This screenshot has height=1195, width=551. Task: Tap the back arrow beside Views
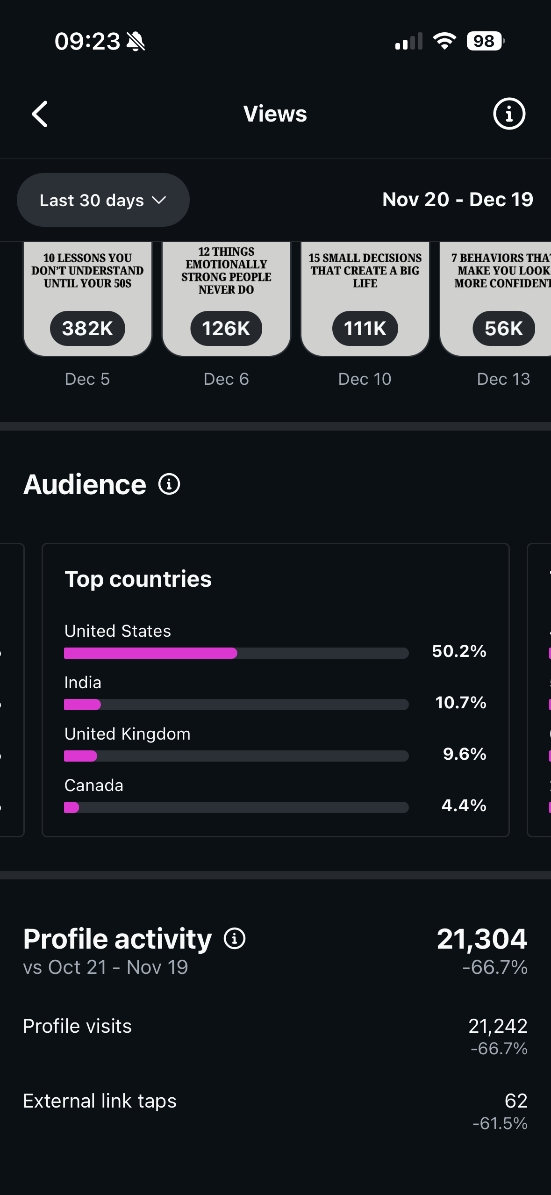40,114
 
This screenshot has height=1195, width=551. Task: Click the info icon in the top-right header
509,114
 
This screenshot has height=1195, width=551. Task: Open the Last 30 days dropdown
103,200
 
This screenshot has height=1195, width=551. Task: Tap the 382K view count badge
87,328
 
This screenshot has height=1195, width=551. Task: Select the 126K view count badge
226,328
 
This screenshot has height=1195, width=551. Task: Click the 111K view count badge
365,328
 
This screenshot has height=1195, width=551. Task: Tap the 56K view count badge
503,328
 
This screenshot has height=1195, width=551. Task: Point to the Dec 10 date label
365,379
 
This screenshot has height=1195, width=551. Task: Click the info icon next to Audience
169,484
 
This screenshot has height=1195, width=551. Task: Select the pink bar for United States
150,653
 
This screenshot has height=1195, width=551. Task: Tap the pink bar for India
82,705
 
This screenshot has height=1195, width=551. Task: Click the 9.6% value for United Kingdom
465,754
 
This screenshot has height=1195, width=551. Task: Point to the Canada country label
94,785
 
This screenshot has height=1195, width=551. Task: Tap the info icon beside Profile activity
235,938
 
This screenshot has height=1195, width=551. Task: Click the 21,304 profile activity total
482,938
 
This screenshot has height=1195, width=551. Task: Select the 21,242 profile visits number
498,1026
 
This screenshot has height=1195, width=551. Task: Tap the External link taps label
100,1101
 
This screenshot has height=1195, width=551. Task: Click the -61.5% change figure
500,1123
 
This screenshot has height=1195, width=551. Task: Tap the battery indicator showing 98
485,41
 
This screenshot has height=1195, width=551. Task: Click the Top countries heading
138,579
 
